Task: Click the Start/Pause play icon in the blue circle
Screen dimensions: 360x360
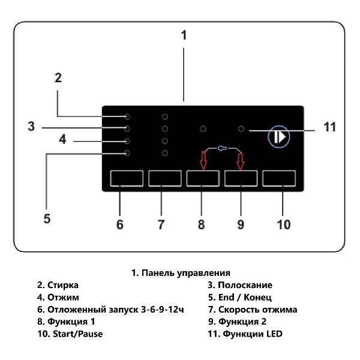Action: [278, 137]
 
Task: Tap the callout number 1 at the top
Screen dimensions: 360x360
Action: [184, 35]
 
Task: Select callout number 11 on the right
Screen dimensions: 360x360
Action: [329, 127]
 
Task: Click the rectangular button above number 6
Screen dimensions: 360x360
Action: [127, 179]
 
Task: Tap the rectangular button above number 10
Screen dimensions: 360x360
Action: [279, 179]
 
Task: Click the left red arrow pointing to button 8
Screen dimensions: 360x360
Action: [203, 160]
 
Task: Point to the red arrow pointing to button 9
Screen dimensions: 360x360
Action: [241, 160]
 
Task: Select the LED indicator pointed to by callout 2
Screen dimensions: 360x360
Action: [127, 116]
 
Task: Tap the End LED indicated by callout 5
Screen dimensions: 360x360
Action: [127, 154]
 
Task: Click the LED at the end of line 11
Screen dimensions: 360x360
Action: [241, 128]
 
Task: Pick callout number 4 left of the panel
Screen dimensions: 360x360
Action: [62, 140]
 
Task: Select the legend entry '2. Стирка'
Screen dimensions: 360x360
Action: [58, 285]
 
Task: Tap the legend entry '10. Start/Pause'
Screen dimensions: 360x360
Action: [70, 334]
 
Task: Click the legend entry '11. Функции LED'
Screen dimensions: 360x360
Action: [244, 334]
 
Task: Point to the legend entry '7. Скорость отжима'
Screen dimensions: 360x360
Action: [252, 310]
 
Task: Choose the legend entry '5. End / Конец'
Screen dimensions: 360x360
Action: [239, 297]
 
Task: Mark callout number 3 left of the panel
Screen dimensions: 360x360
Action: [31, 127]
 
